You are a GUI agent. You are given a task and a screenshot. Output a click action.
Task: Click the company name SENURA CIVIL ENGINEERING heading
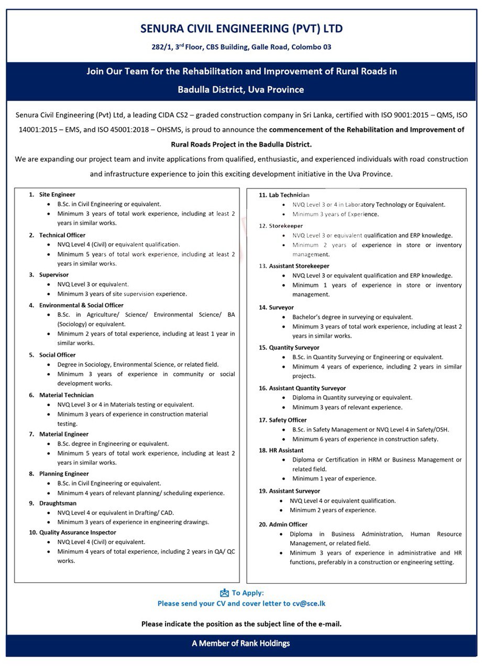coord(241,29)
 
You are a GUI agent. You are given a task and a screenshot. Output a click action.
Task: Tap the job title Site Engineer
coord(57,195)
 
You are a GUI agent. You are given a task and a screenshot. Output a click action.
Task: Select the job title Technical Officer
coord(62,235)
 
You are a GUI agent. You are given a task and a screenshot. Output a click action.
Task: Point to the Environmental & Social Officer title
coord(81,305)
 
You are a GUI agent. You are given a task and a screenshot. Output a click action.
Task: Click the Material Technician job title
coord(66,395)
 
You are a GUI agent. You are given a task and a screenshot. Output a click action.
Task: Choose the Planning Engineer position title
coord(64,474)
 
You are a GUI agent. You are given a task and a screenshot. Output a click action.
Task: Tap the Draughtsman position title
coord(58,503)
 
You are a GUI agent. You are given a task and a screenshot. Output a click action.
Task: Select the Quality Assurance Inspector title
coord(78,532)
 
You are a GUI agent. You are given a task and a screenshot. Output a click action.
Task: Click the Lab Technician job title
coord(289,195)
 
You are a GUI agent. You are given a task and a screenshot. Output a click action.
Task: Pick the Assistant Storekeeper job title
coord(299,266)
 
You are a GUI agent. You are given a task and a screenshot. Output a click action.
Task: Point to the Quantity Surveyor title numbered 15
coord(294,348)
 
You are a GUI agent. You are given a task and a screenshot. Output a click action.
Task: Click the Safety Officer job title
coord(288,420)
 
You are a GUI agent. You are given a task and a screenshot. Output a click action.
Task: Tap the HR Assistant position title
coord(286,450)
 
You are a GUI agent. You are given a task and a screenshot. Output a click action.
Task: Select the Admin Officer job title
coord(288,524)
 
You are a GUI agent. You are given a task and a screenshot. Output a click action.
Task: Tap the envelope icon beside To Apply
coord(225,593)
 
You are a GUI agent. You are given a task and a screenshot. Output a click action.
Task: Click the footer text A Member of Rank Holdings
coord(241,643)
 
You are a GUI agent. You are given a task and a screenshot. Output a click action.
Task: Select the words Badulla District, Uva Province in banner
coord(241,90)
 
